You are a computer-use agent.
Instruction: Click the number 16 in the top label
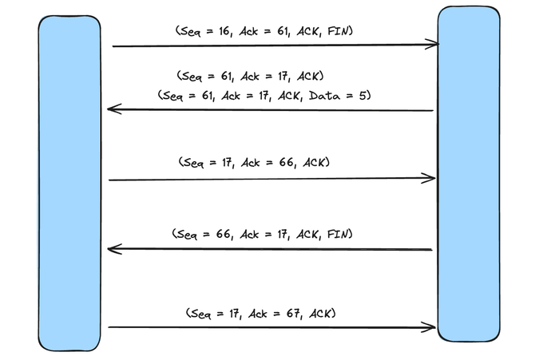click(x=224, y=31)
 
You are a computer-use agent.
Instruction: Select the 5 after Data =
click(x=363, y=96)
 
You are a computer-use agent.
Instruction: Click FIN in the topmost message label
click(x=338, y=31)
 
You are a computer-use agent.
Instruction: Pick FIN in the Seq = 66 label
click(x=338, y=235)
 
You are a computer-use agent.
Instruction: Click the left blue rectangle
click(x=69, y=183)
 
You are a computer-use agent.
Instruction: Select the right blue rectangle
click(x=469, y=173)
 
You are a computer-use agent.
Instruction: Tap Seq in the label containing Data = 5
click(x=172, y=96)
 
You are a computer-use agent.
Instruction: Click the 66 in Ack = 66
click(x=287, y=162)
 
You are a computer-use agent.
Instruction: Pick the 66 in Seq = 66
click(x=224, y=235)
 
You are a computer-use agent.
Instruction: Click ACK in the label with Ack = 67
click(x=320, y=314)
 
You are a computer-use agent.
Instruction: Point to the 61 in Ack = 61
click(x=283, y=31)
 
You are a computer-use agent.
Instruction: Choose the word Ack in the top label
click(x=248, y=31)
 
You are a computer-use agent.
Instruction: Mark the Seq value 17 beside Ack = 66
click(x=228, y=162)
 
